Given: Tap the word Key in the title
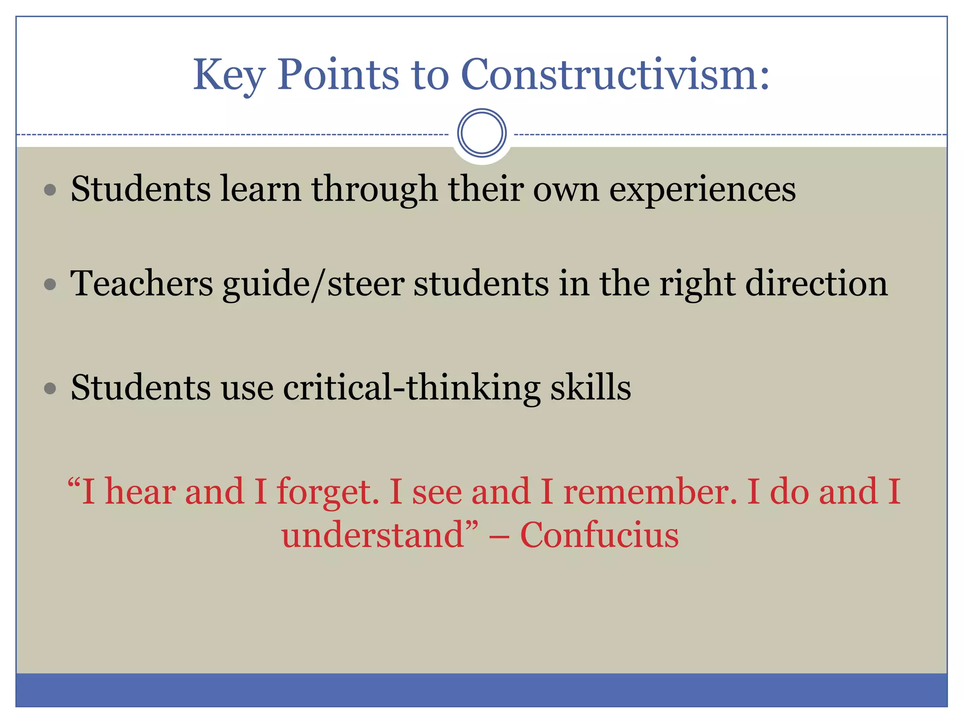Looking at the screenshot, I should point(229,75).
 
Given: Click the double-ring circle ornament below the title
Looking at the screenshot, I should point(482,133).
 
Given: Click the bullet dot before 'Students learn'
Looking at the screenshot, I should point(50,190).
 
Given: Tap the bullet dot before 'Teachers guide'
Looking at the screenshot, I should point(50,284).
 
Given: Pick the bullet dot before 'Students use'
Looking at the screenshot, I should point(50,388).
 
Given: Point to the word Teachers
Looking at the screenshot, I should point(141,284).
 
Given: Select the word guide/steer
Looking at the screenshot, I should point(313,285).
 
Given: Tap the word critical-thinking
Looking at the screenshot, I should point(411,388).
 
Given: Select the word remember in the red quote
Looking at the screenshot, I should point(650,492).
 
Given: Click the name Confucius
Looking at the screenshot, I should point(599,536).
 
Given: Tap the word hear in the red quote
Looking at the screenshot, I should point(140,492).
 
